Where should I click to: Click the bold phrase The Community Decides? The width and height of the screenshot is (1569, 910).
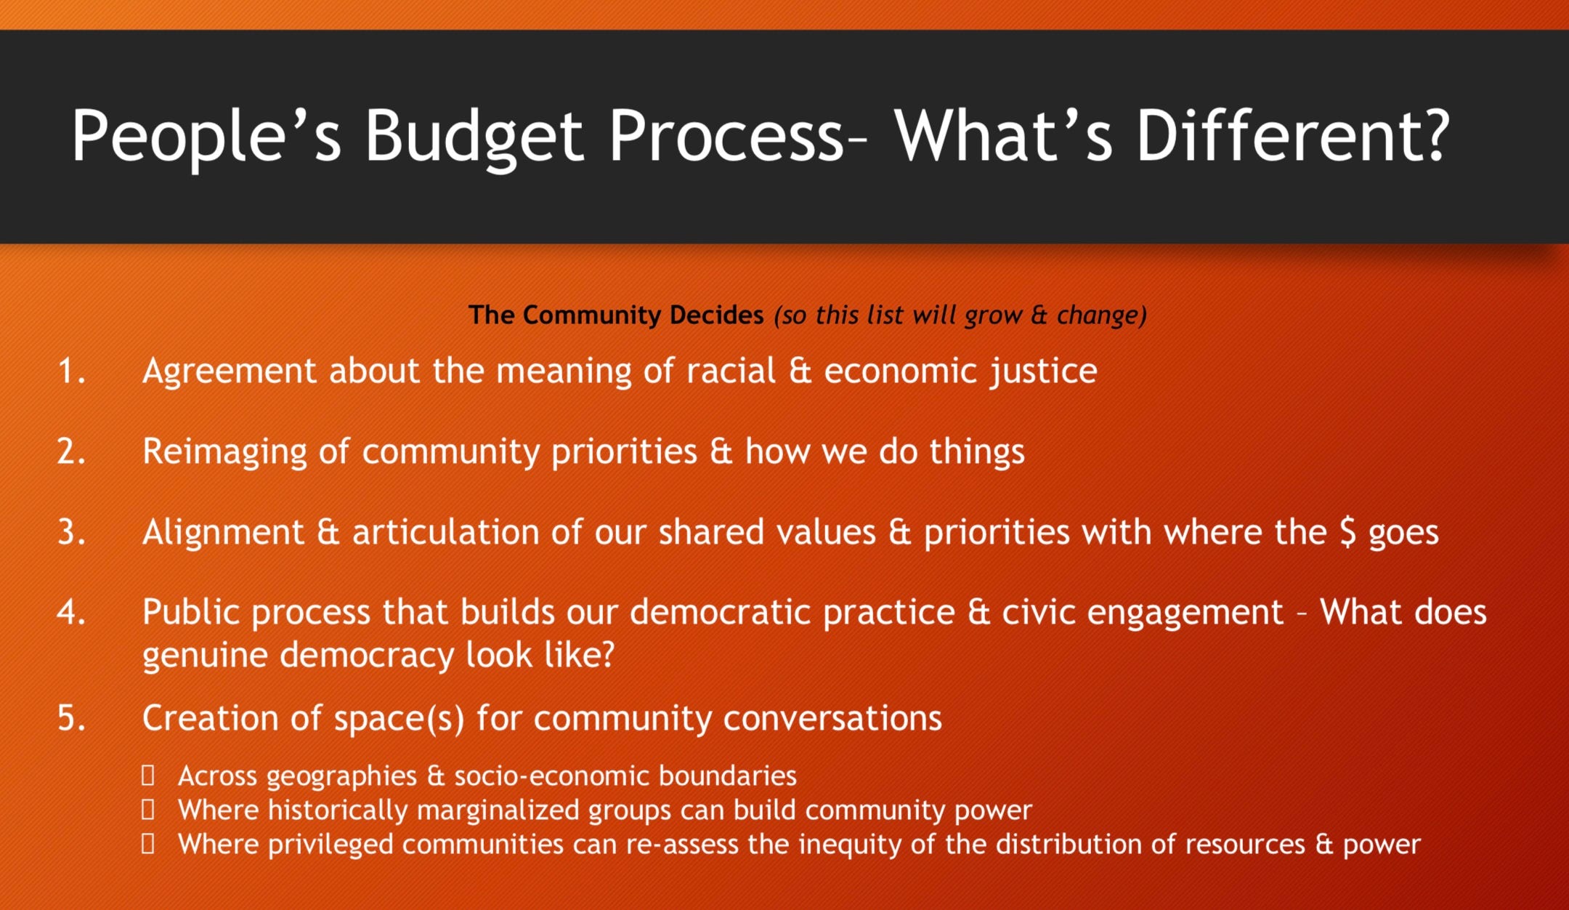click(x=616, y=315)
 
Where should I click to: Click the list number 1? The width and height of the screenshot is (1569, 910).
click(x=71, y=371)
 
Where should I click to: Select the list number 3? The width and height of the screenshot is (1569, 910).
click(x=71, y=532)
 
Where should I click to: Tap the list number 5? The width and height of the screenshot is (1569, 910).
click(x=71, y=718)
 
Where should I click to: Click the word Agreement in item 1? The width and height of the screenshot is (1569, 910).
click(x=230, y=372)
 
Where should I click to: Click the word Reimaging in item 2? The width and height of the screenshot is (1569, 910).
click(x=224, y=452)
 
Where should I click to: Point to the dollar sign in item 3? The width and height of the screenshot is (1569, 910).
click(x=1347, y=532)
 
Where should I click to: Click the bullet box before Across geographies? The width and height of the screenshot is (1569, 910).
click(x=148, y=776)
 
